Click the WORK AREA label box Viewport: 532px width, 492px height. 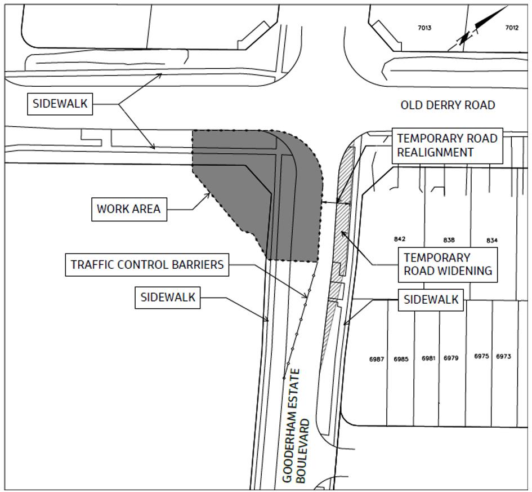point(129,209)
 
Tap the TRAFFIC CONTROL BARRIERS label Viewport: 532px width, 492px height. point(147,264)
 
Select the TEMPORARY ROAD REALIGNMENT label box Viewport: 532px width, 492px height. point(447,145)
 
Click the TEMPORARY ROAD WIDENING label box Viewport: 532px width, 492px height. point(448,264)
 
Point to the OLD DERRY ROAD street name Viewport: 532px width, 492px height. point(448,105)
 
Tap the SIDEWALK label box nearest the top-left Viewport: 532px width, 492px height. point(60,104)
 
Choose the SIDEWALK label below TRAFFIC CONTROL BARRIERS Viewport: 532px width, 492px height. point(168,298)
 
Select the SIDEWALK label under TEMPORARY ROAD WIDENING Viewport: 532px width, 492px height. point(431,300)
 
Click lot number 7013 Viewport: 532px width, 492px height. point(424,28)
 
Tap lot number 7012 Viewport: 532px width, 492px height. point(512,28)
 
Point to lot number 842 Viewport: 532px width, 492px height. point(400,239)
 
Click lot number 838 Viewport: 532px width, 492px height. point(449,240)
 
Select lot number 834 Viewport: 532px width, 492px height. point(492,241)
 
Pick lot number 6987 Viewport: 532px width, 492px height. point(377,359)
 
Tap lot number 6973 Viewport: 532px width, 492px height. point(503,356)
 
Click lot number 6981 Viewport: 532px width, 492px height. point(428,358)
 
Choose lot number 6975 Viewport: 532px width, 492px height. point(481,356)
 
